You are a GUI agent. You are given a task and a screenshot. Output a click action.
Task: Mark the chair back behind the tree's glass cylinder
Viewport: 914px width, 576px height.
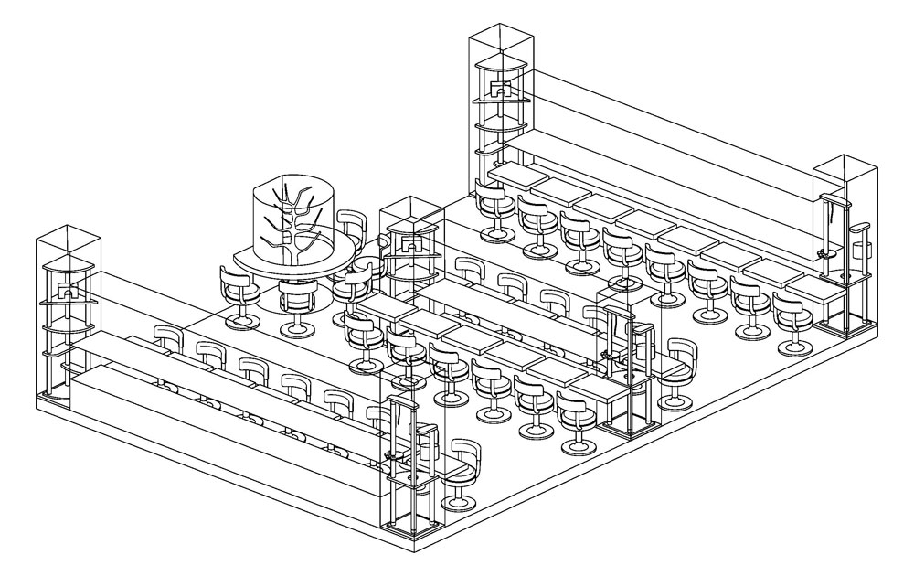(x=351, y=225)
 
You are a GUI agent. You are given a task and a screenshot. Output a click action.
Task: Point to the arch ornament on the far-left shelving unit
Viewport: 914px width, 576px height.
(x=66, y=292)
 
